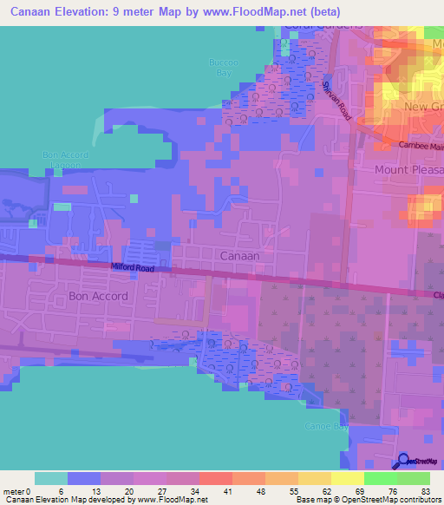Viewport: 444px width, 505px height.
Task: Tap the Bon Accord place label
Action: tap(98, 296)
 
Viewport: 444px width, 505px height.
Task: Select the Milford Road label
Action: tap(132, 268)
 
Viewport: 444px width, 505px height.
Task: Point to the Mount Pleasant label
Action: tap(408, 170)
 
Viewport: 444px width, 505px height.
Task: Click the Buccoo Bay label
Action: tap(222, 68)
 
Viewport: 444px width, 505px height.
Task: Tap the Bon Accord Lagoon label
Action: tap(66, 160)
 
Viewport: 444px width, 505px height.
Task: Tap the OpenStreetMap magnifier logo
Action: tap(405, 462)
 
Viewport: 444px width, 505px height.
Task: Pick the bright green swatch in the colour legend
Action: tap(381, 478)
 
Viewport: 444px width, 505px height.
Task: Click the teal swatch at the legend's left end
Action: tap(51, 478)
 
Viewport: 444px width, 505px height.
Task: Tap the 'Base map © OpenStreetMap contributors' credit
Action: tap(367, 500)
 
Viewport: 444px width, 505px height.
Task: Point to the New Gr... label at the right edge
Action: tap(423, 107)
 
